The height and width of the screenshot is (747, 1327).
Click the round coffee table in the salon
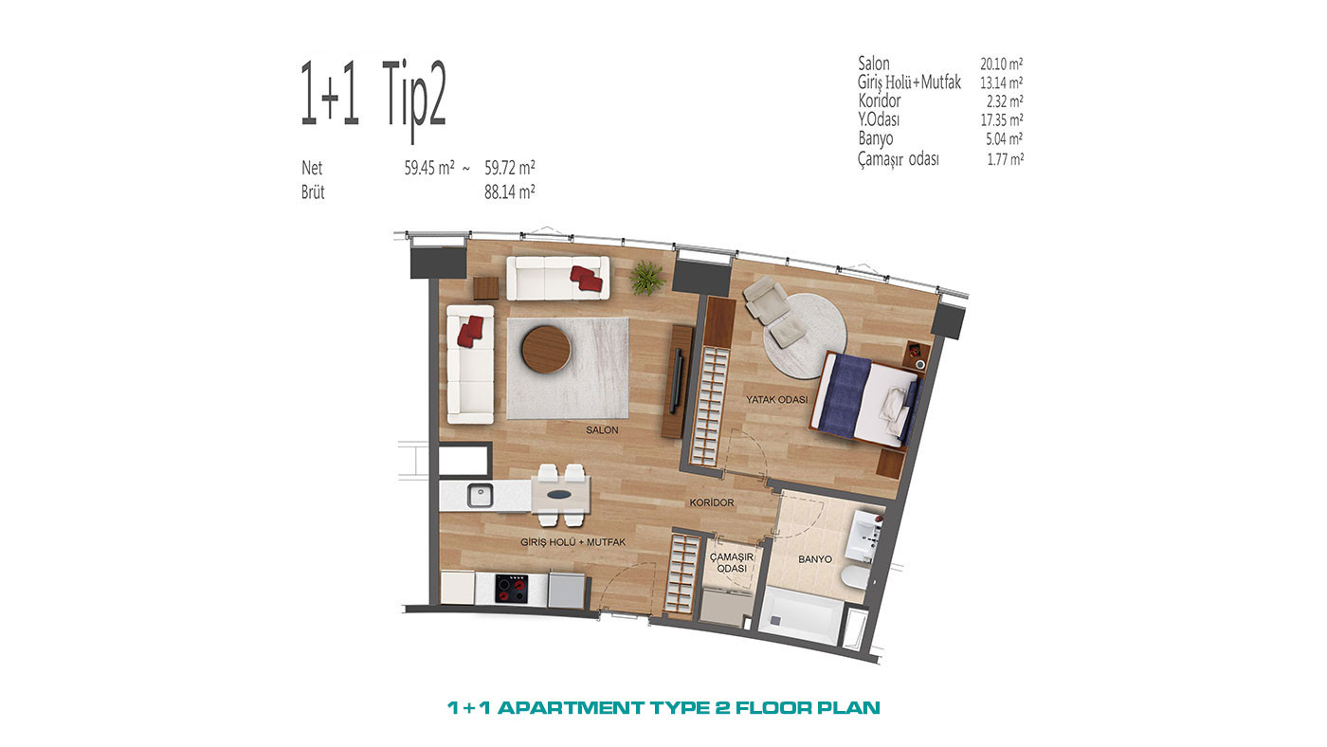(x=546, y=349)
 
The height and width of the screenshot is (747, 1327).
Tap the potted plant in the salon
(x=646, y=278)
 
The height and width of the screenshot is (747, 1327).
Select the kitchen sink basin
(x=480, y=496)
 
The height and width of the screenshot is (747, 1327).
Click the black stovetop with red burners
(x=512, y=589)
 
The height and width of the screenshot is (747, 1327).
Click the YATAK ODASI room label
(x=776, y=400)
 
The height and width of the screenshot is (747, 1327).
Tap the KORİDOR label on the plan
(x=712, y=502)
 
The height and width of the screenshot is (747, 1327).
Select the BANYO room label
(x=814, y=559)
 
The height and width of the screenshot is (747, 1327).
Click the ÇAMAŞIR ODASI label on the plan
(x=732, y=563)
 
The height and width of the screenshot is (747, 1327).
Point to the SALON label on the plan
(x=602, y=430)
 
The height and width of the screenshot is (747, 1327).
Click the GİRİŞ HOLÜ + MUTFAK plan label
(x=573, y=542)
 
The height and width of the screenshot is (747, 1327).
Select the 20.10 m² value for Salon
(x=1001, y=64)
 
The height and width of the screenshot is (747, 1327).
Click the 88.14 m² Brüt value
(x=510, y=191)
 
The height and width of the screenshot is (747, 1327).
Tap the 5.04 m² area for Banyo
(x=1004, y=139)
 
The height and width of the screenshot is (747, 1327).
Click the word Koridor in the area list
(x=880, y=100)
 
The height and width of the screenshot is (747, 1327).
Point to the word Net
(x=312, y=168)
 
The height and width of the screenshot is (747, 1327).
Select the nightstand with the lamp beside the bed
(x=916, y=356)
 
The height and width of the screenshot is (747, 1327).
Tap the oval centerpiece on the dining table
(x=560, y=495)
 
